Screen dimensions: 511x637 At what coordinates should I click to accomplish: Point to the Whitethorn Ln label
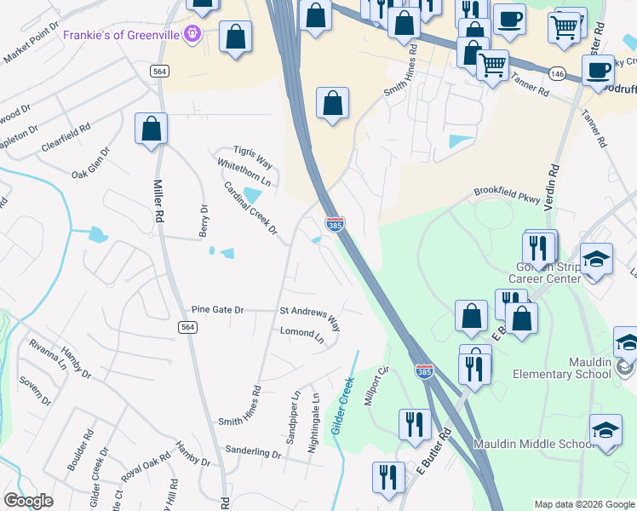[x=244, y=173]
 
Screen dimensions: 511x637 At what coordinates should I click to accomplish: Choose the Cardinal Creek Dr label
[x=250, y=208]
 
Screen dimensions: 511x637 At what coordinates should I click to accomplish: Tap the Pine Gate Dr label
[x=217, y=311]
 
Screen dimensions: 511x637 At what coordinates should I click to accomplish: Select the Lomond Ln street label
[x=303, y=336]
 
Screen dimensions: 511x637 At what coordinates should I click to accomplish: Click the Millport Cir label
[x=376, y=387]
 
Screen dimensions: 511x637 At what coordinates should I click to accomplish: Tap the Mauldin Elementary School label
[x=562, y=368]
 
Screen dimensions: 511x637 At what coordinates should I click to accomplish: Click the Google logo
[x=28, y=501]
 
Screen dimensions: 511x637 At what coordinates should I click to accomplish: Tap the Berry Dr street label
[x=204, y=221]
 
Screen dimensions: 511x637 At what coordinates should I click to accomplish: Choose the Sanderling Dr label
[x=253, y=452]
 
